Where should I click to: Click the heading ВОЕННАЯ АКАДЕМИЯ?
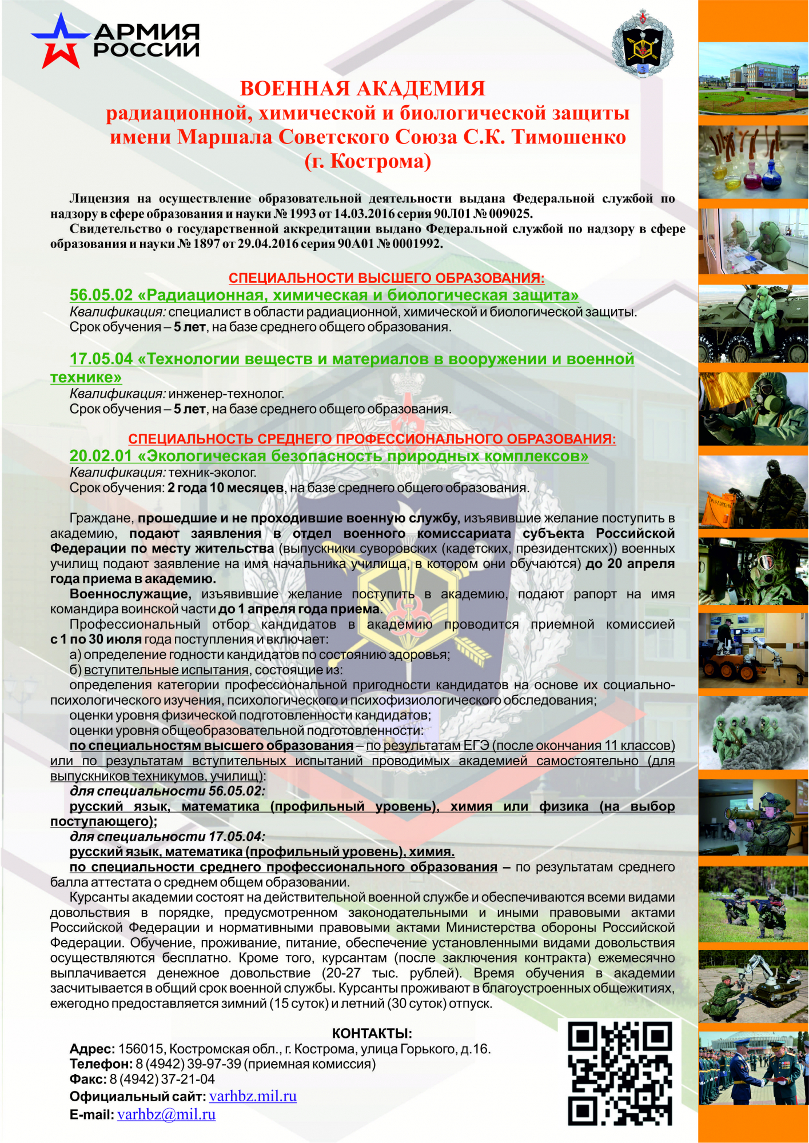click(362, 89)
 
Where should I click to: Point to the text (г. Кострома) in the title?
click(368, 161)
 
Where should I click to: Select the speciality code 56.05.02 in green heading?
click(101, 295)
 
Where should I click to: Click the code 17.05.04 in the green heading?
click(101, 359)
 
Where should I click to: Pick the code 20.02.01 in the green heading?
click(101, 456)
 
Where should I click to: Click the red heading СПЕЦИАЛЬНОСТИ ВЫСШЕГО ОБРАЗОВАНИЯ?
click(386, 278)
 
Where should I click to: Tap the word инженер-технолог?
click(226, 394)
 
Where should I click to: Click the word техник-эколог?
click(212, 473)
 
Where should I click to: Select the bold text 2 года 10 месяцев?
click(225, 488)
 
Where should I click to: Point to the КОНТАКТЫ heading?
click(372, 1033)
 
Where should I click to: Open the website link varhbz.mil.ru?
click(253, 1096)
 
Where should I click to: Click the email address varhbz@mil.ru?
click(166, 1114)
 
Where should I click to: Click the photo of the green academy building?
click(753, 78)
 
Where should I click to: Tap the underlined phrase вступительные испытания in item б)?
click(166, 670)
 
